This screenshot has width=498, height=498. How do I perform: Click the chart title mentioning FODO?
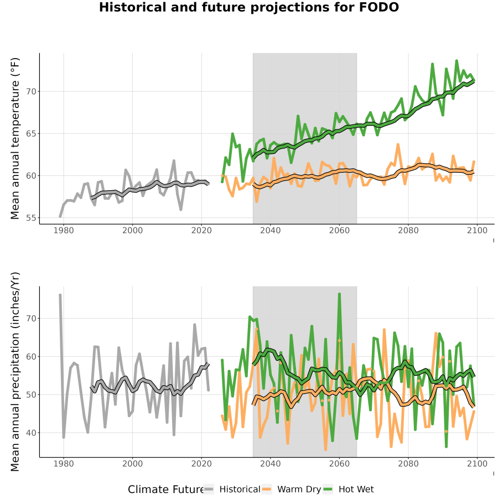[x=249, y=7]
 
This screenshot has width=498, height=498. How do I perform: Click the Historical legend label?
[x=240, y=489]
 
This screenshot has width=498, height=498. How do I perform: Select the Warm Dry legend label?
[x=299, y=489]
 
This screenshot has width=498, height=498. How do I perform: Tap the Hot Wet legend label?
[x=356, y=489]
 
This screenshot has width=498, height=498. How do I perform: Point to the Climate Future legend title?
[x=166, y=490]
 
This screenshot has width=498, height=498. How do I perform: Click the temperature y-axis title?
[x=15, y=138]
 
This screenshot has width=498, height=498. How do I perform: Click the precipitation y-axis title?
[x=15, y=372]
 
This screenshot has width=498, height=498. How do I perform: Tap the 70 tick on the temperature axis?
[x=31, y=91]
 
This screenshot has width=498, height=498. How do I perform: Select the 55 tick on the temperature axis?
[x=31, y=218]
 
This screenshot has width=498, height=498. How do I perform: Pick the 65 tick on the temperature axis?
[x=31, y=134]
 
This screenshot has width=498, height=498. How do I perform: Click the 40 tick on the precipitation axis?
[x=31, y=433]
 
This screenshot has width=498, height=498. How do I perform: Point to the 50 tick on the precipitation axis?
[x=31, y=395]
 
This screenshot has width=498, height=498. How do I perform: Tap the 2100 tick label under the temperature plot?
[x=477, y=230]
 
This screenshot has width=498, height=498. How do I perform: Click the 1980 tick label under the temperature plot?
[x=64, y=230]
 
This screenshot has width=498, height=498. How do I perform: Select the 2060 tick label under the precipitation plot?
[x=339, y=464]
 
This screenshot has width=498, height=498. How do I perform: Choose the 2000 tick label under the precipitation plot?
[x=132, y=464]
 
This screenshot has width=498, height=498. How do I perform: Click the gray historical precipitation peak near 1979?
[x=60, y=295]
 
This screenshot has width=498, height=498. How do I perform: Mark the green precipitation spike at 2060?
[x=339, y=294]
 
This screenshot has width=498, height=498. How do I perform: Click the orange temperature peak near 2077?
[x=398, y=145]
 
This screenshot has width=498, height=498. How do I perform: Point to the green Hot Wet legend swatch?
[x=328, y=490]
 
